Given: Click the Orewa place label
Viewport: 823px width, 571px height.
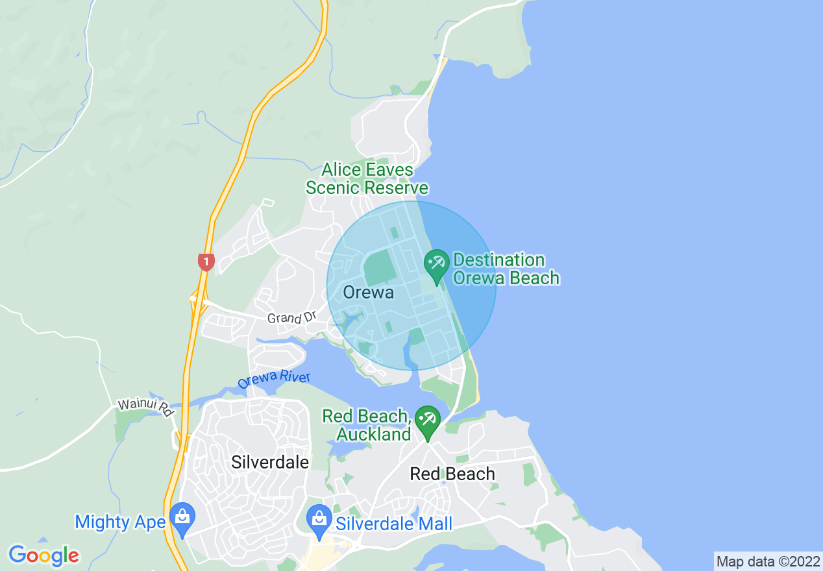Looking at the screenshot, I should point(368,293).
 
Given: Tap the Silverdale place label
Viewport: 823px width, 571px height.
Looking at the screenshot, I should point(270,462).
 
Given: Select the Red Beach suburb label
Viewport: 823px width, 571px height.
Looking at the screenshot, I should point(452,474).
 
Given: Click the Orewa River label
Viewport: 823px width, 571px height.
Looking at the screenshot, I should point(274,380).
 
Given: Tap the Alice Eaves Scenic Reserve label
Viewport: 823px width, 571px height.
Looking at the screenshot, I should point(367,179).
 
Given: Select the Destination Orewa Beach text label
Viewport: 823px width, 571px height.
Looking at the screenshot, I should point(506,269).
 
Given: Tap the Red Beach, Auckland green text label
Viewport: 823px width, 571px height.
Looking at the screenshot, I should point(367,425).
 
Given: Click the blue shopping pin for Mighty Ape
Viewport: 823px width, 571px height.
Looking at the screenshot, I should point(182,518).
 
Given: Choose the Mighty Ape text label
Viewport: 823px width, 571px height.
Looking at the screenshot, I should point(120,522).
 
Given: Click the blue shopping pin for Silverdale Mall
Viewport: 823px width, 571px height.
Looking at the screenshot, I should point(319,520).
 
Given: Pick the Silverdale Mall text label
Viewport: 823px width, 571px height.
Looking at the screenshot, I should point(393,524).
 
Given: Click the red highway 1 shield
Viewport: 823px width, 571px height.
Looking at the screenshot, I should point(206,262).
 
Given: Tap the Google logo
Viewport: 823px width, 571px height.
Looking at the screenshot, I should point(43,555).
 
